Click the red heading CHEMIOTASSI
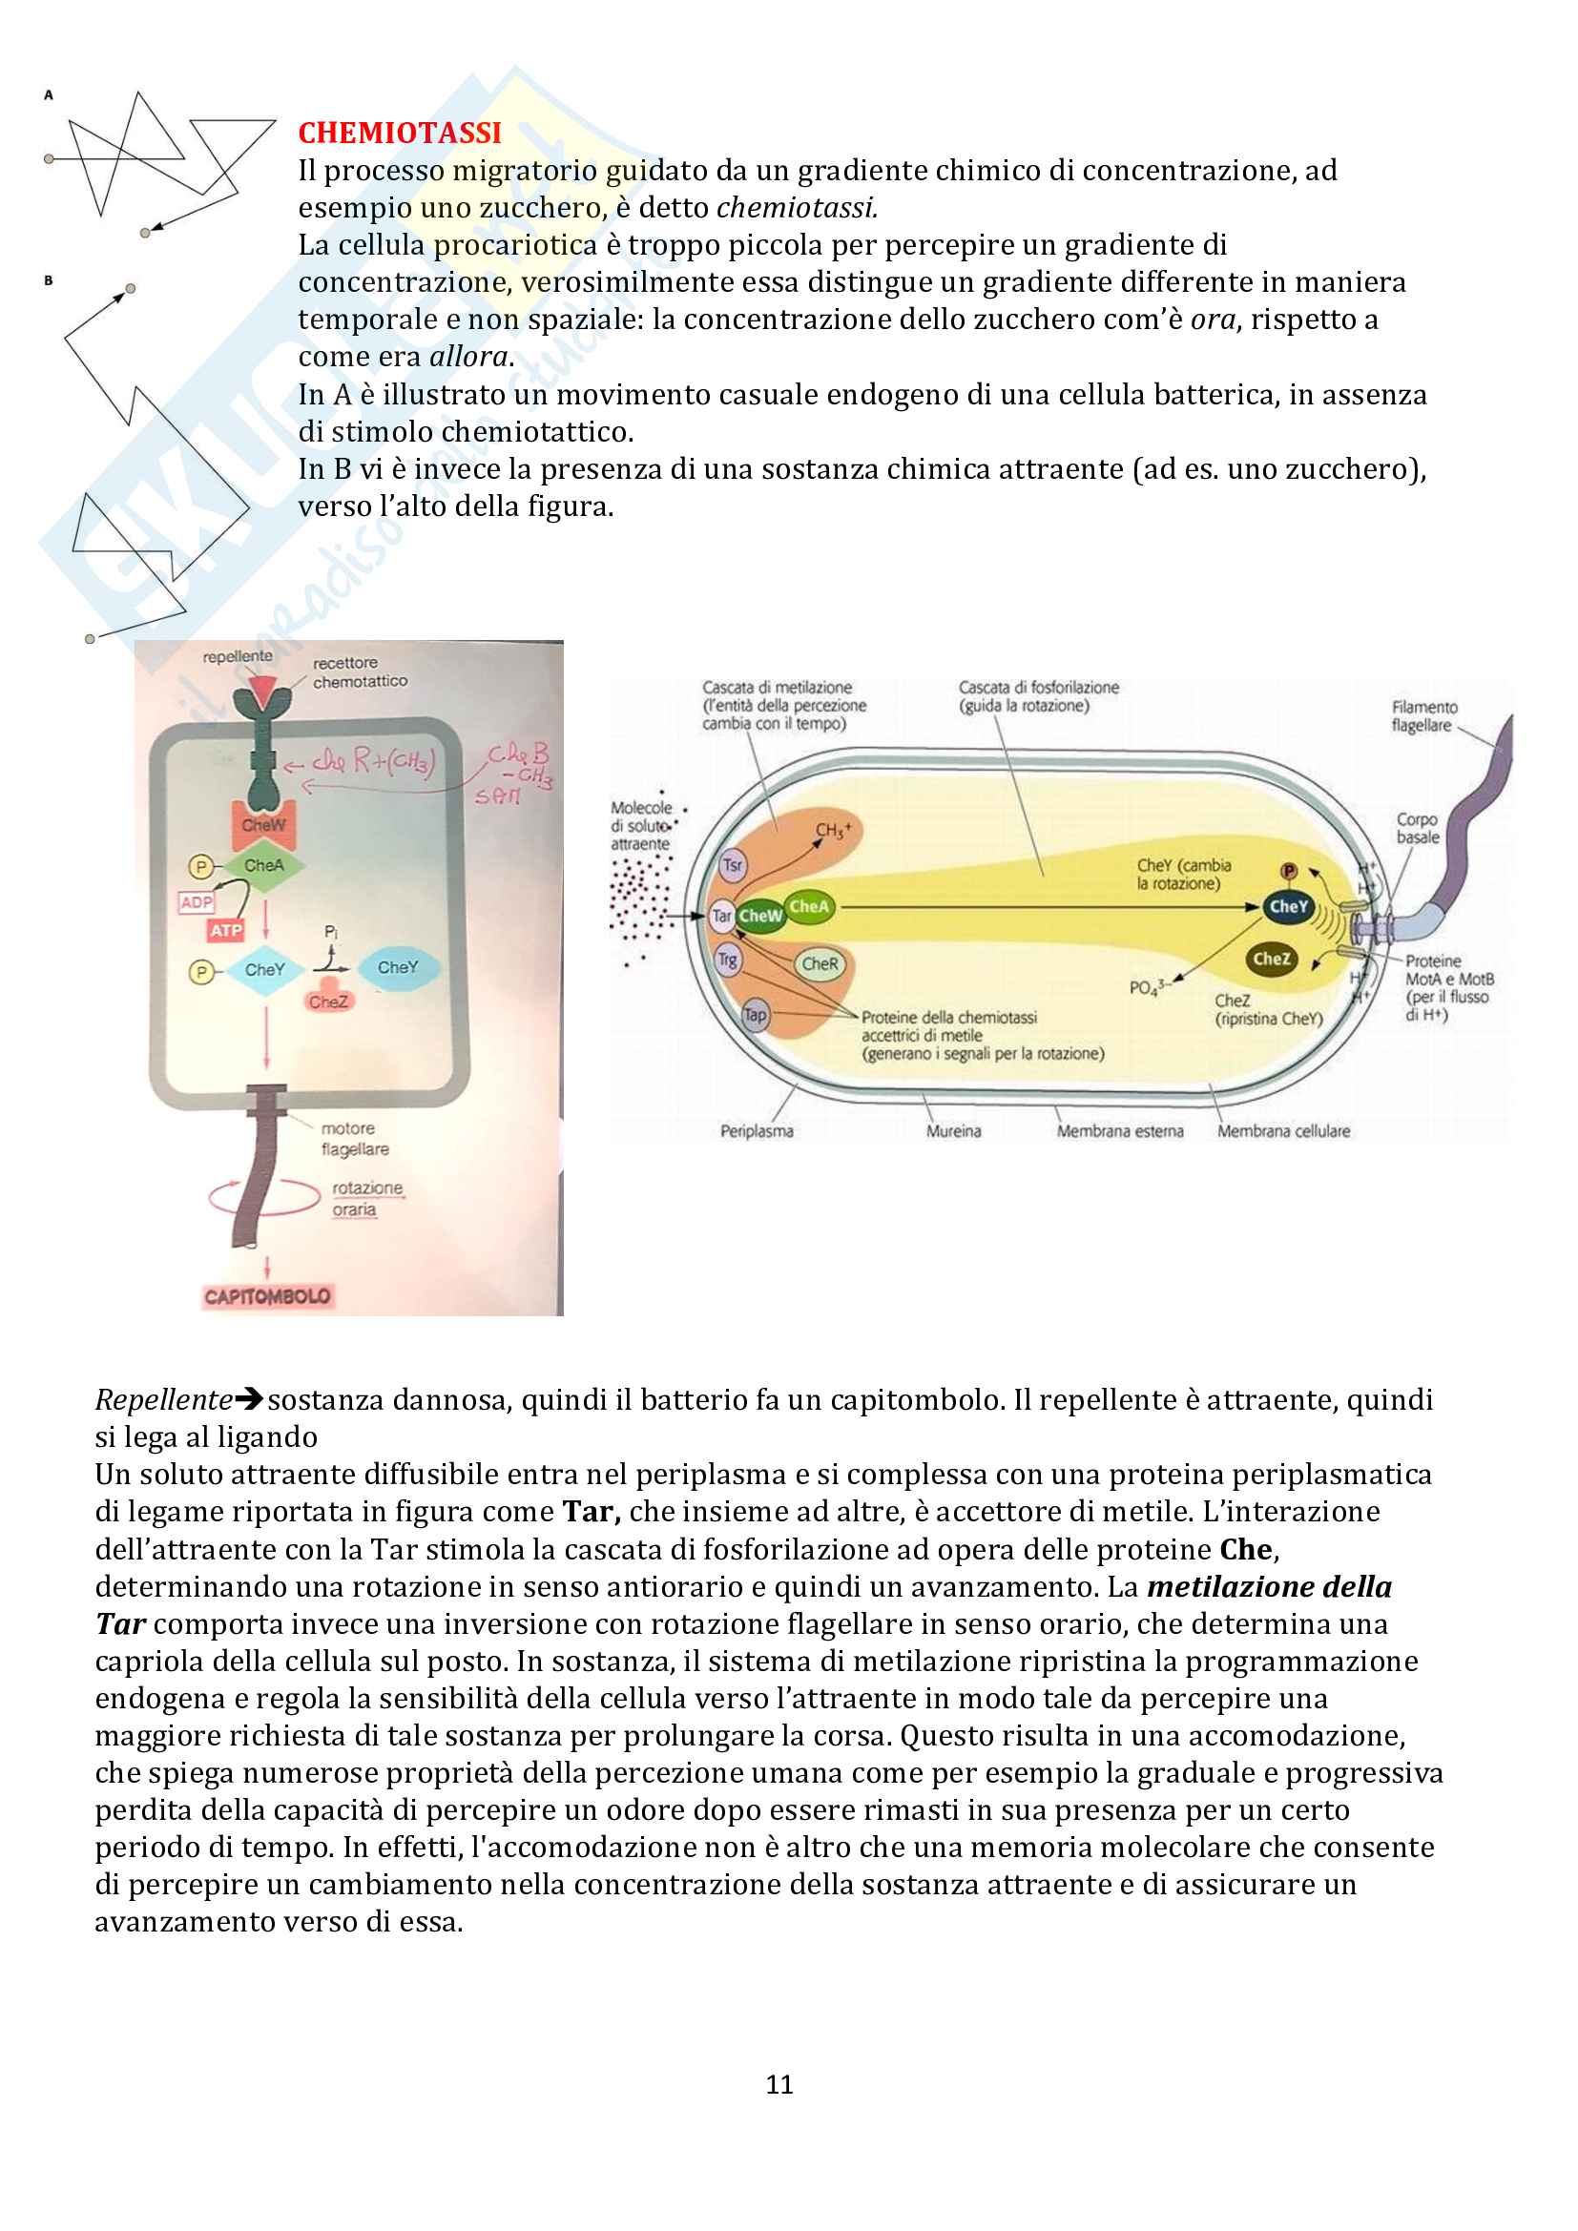[x=400, y=133]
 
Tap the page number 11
[x=779, y=2084]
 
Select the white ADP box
[x=197, y=901]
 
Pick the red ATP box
[x=225, y=931]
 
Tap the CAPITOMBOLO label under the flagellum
[x=267, y=1296]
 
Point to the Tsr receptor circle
[x=733, y=865]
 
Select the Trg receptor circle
[x=728, y=961]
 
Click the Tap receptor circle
[x=755, y=1016]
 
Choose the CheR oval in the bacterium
[x=820, y=964]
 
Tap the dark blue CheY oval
[x=1288, y=906]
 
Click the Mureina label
[x=953, y=1131]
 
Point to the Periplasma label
[x=756, y=1131]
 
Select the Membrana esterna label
[x=1119, y=1131]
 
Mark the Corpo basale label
[x=1418, y=828]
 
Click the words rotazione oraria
[x=366, y=1198]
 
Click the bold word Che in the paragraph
[x=1246, y=1549]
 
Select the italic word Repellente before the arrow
[x=163, y=1399]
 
